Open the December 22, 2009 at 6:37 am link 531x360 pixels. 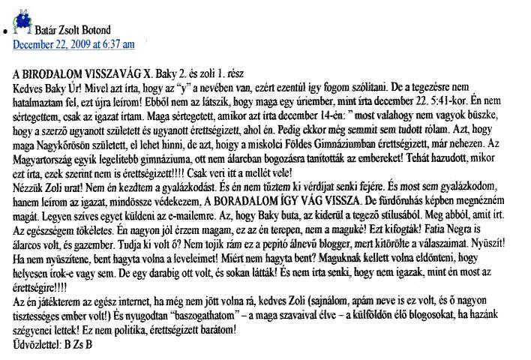coord(73,44)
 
